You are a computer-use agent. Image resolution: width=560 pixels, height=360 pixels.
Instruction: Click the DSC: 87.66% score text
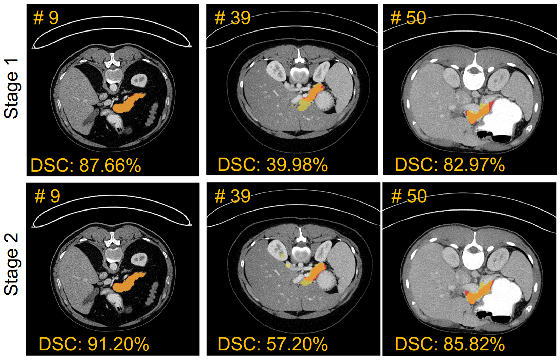[x=86, y=165]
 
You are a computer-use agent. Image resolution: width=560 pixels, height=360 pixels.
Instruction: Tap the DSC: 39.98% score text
[x=272, y=165]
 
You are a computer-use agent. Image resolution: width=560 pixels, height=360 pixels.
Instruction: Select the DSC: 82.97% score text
[x=450, y=165]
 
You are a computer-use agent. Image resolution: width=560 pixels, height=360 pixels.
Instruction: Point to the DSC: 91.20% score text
[x=94, y=344]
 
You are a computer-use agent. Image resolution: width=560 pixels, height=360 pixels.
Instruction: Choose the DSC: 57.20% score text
[x=272, y=344]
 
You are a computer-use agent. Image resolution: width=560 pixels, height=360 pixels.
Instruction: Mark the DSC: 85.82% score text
[x=450, y=344]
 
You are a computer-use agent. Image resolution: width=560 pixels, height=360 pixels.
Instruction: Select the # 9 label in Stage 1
[x=46, y=18]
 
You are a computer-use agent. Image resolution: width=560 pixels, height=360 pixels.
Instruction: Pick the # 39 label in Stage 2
[x=233, y=196]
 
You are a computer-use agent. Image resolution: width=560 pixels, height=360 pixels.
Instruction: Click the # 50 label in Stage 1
[x=408, y=18]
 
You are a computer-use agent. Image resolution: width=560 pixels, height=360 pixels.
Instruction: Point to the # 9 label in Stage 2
[x=47, y=196]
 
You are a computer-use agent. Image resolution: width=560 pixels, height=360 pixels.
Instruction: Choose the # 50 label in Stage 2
[x=409, y=196]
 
